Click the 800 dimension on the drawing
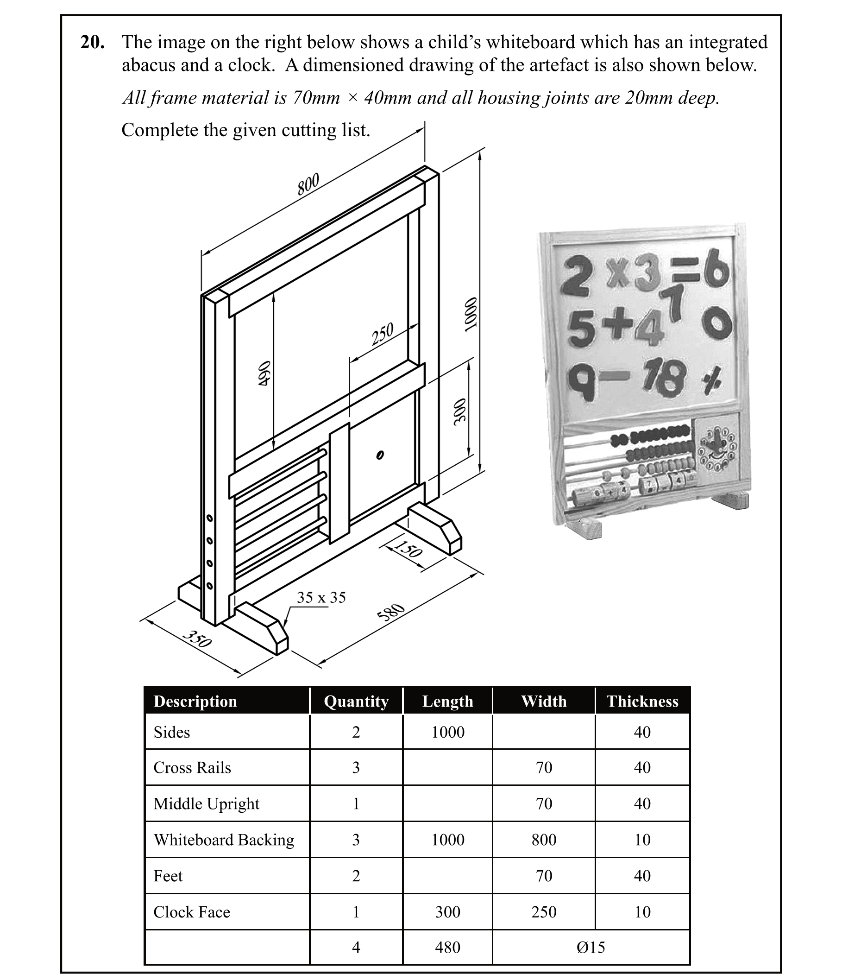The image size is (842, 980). (308, 184)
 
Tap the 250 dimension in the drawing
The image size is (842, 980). (382, 334)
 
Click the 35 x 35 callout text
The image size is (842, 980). (321, 597)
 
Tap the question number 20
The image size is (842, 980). (92, 43)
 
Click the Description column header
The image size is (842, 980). (195, 701)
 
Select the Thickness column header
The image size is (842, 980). (642, 701)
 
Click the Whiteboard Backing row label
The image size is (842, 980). (224, 840)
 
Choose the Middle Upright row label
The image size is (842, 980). (206, 803)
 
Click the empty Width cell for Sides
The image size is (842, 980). (544, 732)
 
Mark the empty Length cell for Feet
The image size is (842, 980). (447, 876)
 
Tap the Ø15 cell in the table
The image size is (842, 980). (591, 948)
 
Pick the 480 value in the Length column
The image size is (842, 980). (447, 948)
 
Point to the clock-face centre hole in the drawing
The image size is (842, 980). (379, 455)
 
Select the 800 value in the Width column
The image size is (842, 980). (544, 840)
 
